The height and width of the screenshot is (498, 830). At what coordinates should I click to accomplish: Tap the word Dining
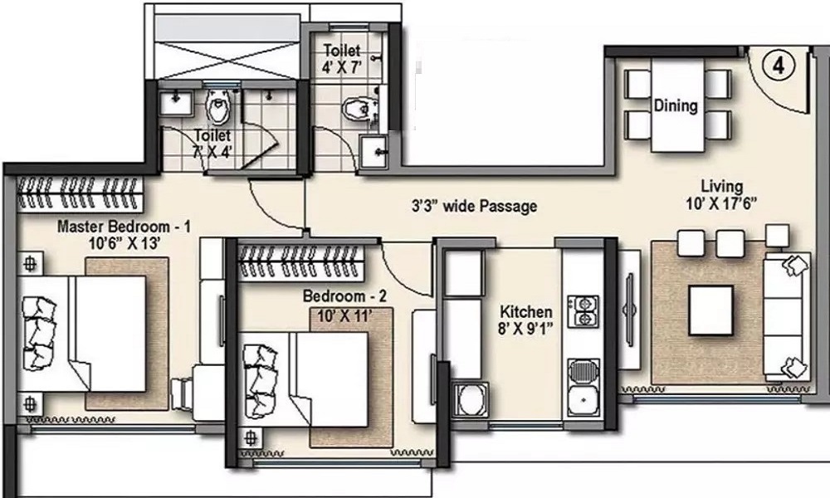[676, 106]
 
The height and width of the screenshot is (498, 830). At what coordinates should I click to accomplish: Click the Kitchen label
[525, 312]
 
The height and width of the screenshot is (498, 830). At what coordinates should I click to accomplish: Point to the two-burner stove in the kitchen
[583, 310]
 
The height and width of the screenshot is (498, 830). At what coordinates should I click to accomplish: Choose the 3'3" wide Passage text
[475, 207]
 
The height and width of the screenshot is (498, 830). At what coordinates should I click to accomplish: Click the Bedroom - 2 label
[344, 296]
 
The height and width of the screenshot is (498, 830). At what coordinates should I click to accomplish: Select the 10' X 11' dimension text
[344, 315]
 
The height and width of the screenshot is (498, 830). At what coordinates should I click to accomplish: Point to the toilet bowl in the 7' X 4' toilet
[218, 107]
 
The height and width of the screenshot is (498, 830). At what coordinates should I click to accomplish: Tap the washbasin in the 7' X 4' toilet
[177, 103]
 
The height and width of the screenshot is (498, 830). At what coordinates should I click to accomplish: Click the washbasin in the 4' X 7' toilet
[374, 149]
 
